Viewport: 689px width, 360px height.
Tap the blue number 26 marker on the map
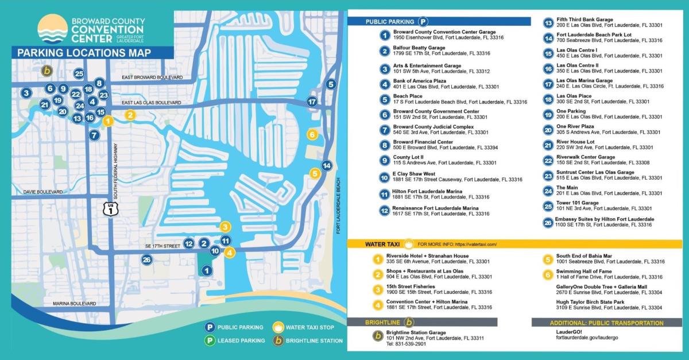click(148, 260)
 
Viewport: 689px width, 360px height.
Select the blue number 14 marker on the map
click(327, 166)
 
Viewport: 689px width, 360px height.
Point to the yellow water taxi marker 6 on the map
click(312, 135)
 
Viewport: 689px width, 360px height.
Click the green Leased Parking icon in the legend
click(211, 340)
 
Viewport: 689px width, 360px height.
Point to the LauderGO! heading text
click(568, 331)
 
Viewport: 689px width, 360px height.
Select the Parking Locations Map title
click(84, 53)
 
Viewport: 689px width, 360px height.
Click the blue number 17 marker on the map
click(312, 102)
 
